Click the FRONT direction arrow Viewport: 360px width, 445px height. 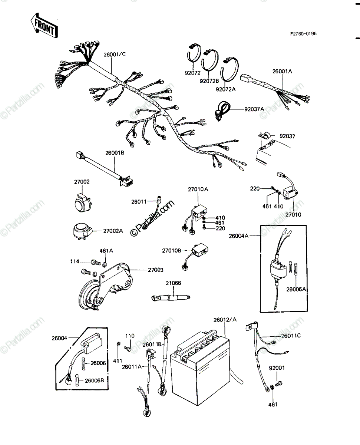pos(44,26)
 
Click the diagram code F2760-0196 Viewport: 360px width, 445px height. pos(303,34)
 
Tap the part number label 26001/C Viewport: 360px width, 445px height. pos(115,54)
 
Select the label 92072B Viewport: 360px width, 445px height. pos(209,81)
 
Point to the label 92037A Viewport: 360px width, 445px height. pos(254,109)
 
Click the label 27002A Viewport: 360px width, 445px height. pos(113,231)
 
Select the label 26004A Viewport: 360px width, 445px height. pos(238,236)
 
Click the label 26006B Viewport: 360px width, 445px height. pos(94,380)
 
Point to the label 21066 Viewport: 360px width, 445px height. pos(173,283)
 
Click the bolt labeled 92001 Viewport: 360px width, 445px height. pos(278,383)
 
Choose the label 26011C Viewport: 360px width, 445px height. pos(291,336)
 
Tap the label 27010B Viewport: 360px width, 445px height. pos(172,250)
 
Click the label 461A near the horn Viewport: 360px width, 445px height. pos(106,250)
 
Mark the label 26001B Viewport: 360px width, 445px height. pos(115,153)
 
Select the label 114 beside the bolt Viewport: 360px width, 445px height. pos(75,261)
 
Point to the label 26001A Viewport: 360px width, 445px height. pos(282,71)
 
